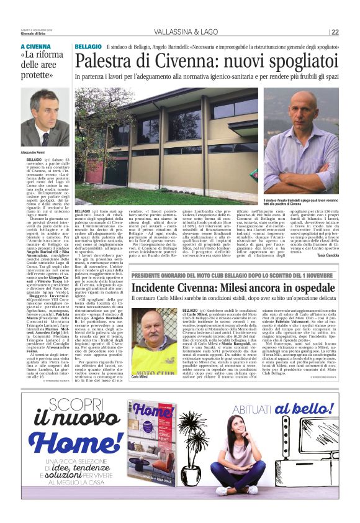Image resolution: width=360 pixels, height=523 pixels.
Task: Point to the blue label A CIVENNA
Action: point(37,47)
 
